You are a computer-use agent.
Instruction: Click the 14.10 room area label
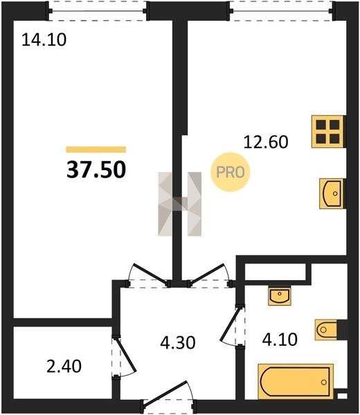[44, 41]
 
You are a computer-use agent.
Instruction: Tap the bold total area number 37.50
[96, 169]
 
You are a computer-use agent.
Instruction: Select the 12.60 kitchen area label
[266, 142]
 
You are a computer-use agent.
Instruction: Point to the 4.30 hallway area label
[178, 342]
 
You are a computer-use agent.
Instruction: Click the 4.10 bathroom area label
[280, 340]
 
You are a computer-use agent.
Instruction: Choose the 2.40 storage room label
[64, 367]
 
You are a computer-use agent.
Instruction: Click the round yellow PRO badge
[231, 172]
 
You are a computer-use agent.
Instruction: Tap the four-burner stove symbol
[328, 131]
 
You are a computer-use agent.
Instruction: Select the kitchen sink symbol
[332, 194]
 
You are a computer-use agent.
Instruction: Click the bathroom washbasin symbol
[280, 295]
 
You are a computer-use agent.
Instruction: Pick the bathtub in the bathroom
[296, 382]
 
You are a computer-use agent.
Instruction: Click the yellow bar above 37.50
[96, 149]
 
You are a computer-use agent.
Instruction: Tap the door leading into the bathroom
[233, 326]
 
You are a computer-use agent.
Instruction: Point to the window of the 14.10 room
[97, 11]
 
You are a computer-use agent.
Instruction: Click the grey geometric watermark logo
[179, 204]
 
